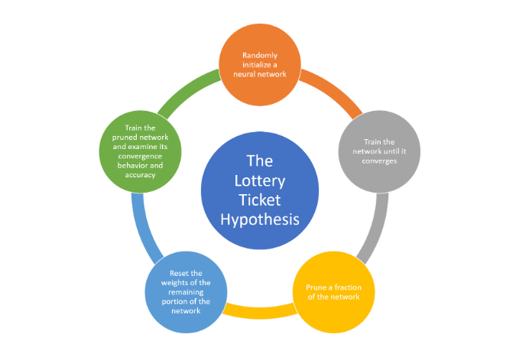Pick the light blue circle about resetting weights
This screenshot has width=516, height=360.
coord(186,291)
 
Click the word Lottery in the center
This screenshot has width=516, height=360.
coord(260,180)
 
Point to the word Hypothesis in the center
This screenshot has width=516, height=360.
coord(260,219)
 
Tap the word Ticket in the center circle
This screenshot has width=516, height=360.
coord(260,199)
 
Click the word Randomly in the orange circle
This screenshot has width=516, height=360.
coord(258,55)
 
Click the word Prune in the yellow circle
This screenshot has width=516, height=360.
coord(308,287)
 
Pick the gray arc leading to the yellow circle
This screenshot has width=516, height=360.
coord(374,229)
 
